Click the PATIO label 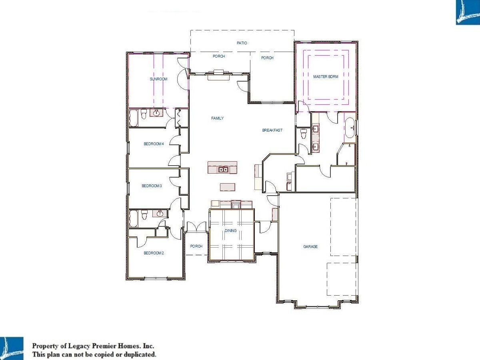click(x=242, y=43)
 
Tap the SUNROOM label click(x=158, y=79)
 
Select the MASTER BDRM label click(x=326, y=76)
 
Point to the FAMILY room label click(x=217, y=118)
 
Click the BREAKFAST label click(x=272, y=130)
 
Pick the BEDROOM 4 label click(x=154, y=144)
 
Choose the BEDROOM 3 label click(x=152, y=186)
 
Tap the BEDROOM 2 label click(x=154, y=253)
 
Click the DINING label click(x=231, y=230)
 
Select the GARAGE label click(x=310, y=246)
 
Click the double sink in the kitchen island click(x=223, y=169)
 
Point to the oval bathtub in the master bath click(x=350, y=128)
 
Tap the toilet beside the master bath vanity click(x=304, y=134)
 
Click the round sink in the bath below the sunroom click(x=156, y=113)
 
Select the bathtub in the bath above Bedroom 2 click(x=133, y=218)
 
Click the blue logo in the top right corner click(x=468, y=12)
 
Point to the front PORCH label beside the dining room click(x=196, y=246)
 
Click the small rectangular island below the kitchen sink click(x=228, y=187)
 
